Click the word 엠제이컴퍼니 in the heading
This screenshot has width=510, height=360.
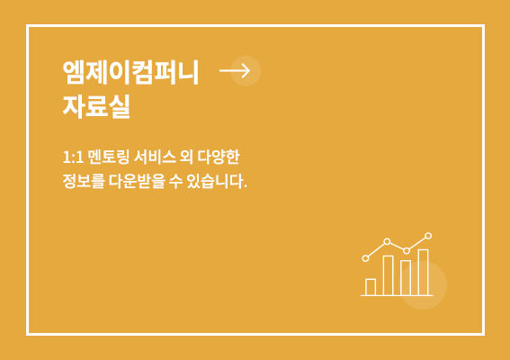130,72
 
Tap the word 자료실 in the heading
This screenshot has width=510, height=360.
96,106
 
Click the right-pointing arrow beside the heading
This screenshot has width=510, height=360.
235,70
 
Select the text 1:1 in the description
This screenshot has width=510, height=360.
73,157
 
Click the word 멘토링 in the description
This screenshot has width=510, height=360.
109,157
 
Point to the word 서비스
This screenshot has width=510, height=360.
155,157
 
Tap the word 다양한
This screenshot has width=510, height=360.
219,157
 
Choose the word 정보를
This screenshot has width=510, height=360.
84,181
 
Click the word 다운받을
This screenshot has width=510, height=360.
137,181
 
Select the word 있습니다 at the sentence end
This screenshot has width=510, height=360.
215,181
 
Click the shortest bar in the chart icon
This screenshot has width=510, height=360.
371,287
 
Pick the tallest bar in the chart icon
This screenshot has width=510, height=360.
423,273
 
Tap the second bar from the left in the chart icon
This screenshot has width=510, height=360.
389,275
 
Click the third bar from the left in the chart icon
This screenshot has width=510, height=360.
406,278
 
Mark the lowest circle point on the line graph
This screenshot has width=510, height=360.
365,258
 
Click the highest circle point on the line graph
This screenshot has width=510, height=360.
428,236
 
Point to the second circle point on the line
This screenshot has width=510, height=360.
387,241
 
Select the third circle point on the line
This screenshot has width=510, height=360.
407,250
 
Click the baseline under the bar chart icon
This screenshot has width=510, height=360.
397,295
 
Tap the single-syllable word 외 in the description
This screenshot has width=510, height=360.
187,157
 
